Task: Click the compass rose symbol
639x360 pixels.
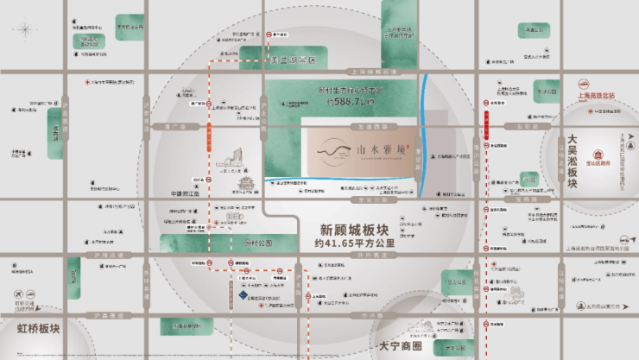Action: pos(25,30)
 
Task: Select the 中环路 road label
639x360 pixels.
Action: pos(371,317)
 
